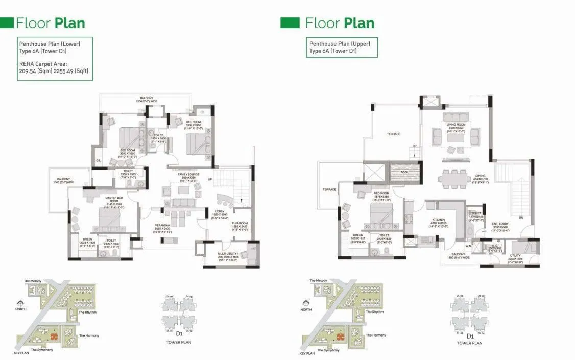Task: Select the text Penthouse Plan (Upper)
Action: pos(339,44)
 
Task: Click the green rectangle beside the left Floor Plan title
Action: pos(6,23)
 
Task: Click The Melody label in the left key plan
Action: pos(32,281)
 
